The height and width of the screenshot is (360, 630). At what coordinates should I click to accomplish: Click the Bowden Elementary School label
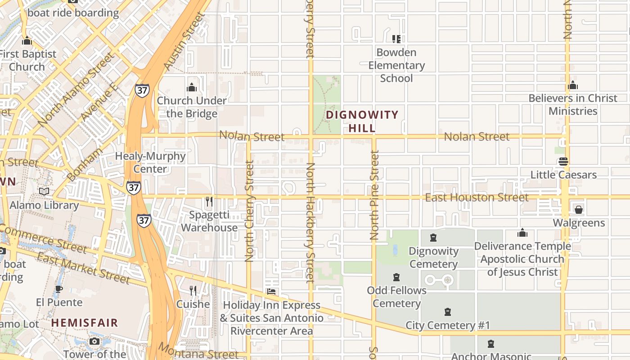pos(396,65)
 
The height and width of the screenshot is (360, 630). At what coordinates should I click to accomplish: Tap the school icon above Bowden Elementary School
pos(396,39)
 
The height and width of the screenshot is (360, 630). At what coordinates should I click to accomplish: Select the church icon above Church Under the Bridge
pos(192,87)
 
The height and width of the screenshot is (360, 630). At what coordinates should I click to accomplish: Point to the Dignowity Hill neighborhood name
pos(362,121)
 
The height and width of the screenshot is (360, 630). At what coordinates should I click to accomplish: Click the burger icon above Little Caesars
pos(563,162)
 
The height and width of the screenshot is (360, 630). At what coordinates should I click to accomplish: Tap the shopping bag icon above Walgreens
pos(579,210)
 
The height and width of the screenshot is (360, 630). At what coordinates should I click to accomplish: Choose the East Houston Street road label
pos(477,198)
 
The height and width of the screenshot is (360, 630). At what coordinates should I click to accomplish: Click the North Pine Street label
pos(374,195)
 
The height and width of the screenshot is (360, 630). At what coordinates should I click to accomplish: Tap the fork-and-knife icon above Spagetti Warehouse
pos(209,201)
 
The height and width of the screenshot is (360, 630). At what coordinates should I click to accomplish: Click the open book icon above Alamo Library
pos(44,192)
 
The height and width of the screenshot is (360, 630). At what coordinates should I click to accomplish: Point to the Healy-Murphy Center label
pos(150,162)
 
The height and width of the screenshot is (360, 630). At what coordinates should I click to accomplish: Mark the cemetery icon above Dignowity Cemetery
pos(433,238)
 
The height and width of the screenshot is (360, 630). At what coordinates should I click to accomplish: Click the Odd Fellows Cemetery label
pos(396,297)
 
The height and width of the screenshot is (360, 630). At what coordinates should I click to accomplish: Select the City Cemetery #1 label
pos(448,325)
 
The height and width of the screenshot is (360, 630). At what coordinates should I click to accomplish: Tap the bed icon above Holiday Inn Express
pos(271,292)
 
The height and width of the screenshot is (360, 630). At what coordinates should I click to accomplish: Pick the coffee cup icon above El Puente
pos(58,289)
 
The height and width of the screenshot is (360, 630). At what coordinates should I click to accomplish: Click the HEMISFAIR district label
pos(85,323)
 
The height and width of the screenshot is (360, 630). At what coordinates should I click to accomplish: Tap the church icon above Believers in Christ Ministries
pos(573,85)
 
